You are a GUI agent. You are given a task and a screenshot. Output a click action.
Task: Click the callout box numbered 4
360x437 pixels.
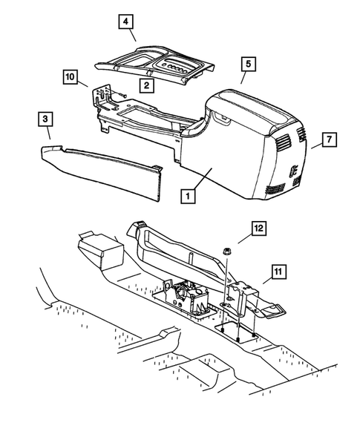(x=125, y=22)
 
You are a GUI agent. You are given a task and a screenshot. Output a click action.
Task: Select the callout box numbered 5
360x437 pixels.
(x=248, y=64)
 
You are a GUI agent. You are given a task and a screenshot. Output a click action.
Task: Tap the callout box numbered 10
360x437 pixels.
(x=71, y=76)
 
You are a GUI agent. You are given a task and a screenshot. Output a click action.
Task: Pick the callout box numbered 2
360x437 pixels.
(x=147, y=85)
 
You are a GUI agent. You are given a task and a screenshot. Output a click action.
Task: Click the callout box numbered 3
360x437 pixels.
(x=45, y=119)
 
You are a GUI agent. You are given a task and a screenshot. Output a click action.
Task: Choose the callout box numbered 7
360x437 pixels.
(x=330, y=139)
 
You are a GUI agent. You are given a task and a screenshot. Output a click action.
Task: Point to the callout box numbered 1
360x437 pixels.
(x=188, y=196)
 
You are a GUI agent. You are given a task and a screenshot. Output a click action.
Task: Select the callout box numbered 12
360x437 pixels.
(x=259, y=229)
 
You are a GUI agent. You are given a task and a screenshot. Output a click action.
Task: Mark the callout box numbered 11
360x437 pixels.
(x=278, y=272)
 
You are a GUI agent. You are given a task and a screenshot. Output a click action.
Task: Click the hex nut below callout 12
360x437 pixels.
(x=226, y=251)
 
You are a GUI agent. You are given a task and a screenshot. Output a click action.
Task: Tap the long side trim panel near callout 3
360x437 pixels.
(x=100, y=170)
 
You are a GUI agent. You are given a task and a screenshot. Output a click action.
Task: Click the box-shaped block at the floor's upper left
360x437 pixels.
(x=101, y=251)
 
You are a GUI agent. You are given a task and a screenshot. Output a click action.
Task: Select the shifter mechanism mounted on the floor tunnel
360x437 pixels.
(x=187, y=298)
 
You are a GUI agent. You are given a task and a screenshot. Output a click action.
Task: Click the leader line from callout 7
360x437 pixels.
(x=317, y=145)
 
